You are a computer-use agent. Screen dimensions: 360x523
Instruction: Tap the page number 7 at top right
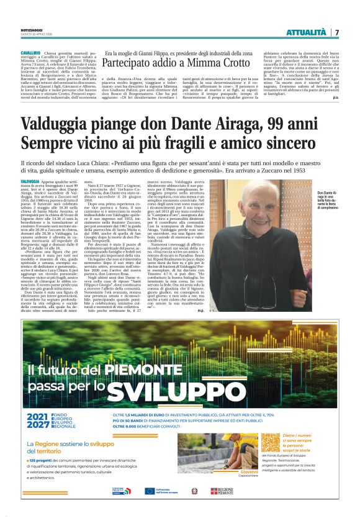click(x=338, y=32)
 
